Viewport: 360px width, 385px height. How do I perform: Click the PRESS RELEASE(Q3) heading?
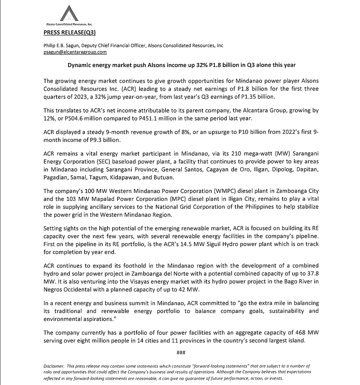(69, 32)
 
